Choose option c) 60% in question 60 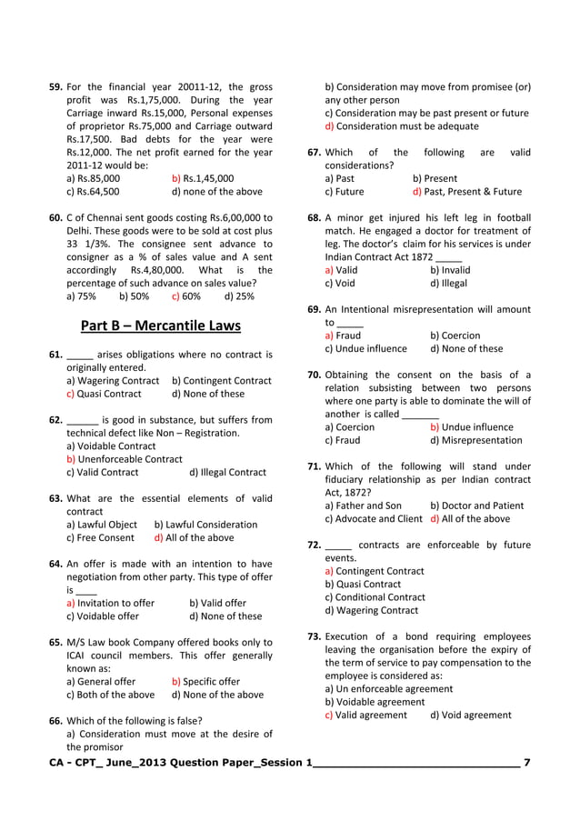pos(186,295)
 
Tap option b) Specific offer pos(205,681)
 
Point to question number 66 pos(55,720)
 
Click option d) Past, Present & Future pos(466,192)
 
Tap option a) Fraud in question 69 pos(342,335)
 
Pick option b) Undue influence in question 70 pos(471,426)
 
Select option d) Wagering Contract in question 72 pos(371,610)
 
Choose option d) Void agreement pos(470,715)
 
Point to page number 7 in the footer pos(527,761)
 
